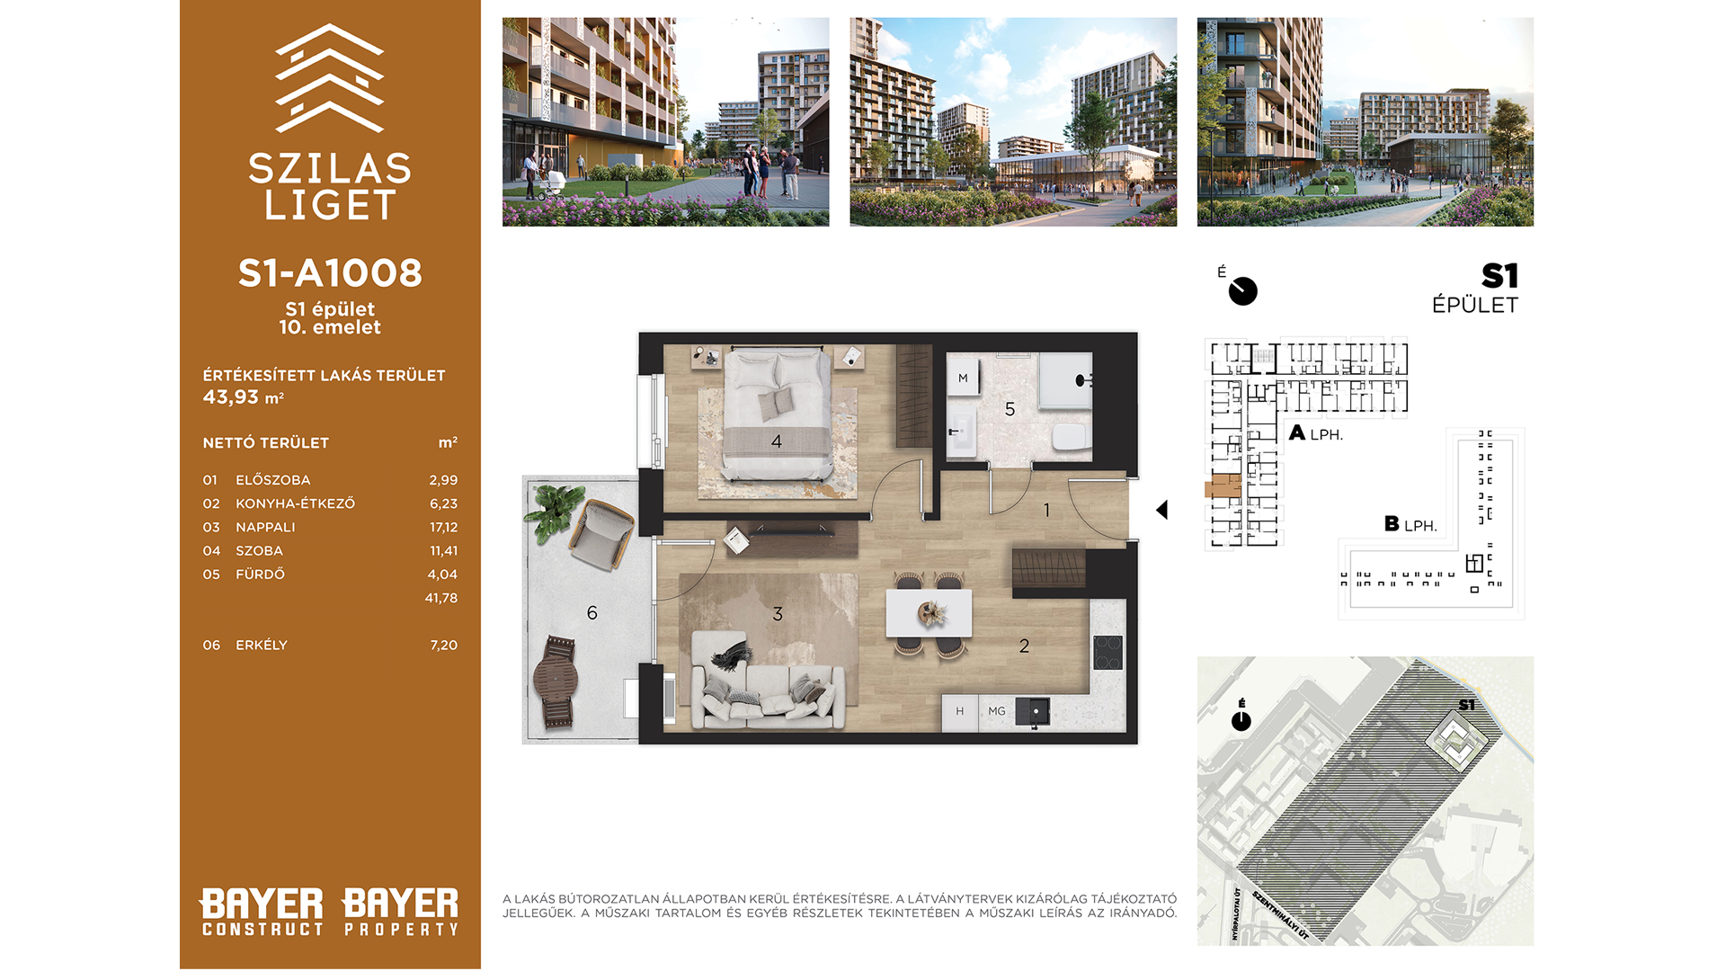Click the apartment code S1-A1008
coord(330,273)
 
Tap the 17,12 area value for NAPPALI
coord(443,528)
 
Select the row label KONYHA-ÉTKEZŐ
coord(295,503)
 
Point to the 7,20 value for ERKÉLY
coord(443,646)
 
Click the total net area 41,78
coord(441,598)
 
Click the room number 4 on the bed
coord(777,441)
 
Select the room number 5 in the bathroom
coord(1010,410)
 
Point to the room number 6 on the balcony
coord(592,613)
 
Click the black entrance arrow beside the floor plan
coord(1161,510)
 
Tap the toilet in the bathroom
coord(1071,437)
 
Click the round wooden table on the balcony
coord(556,679)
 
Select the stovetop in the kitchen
coord(1108,652)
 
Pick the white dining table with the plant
coord(929,613)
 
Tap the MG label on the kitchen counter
coord(997,711)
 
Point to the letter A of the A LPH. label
coord(1297,433)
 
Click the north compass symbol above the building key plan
coord(1242,290)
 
